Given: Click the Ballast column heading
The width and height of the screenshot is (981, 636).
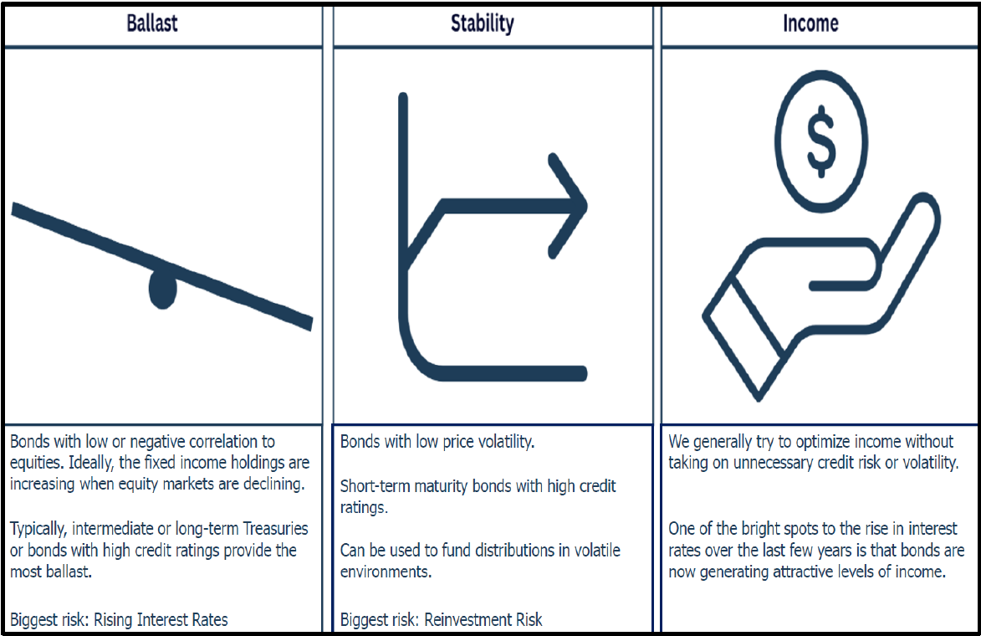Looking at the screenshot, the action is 152,23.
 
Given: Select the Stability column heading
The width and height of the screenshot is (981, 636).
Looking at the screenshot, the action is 483,23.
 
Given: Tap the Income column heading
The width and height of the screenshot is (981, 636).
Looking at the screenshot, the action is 810,23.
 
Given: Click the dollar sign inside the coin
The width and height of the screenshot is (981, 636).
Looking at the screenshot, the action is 820,141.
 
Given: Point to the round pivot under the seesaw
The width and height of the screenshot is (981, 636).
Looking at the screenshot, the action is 163,289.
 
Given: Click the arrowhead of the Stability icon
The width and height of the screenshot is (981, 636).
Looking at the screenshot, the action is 568,205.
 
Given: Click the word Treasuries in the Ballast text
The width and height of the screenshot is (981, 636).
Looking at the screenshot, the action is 275,529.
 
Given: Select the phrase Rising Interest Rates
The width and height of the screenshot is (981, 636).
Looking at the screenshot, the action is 161,620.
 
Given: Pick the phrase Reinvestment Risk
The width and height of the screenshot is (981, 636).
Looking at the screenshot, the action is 483,620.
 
